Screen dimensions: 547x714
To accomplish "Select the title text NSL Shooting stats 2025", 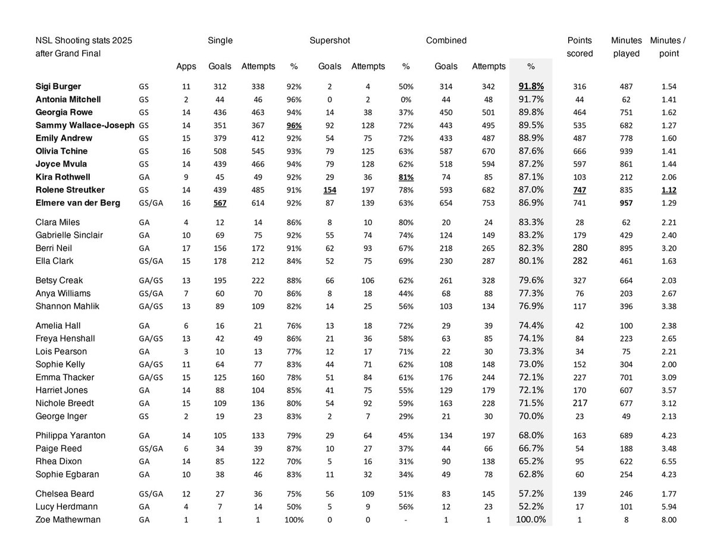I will coord(84,40).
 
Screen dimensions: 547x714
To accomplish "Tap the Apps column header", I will coord(186,66).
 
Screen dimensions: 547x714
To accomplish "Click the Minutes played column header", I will coord(626,47).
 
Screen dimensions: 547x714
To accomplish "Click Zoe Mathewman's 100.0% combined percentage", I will coord(531,520).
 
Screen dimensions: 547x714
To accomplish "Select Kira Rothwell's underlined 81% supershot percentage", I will coord(406,177).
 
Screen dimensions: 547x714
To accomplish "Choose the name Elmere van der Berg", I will coord(77,203).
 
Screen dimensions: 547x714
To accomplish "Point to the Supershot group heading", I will coord(330,40).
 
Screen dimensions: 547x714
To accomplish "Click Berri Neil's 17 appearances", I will coord(186,248).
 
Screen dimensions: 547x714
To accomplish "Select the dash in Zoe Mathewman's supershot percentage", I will coord(406,520).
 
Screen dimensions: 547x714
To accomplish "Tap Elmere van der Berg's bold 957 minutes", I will coord(626,203).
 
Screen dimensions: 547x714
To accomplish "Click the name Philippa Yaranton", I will coord(70,435).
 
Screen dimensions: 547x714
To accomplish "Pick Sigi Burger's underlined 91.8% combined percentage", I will coord(531,86).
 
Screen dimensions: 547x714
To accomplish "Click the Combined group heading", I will coord(446,40).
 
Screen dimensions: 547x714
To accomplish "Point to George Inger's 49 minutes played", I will coord(626,416).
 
